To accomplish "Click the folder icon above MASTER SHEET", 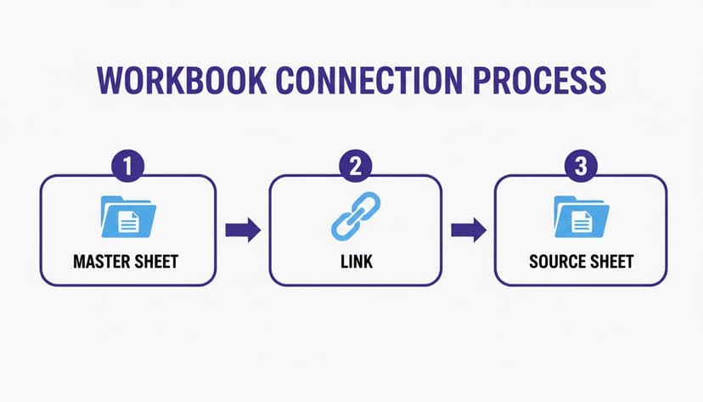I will (128, 218).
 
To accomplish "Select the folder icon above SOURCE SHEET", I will (581, 218).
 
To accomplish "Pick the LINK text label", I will (356, 261).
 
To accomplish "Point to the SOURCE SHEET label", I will (581, 261).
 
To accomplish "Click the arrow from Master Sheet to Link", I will (242, 229).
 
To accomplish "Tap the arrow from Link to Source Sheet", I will (468, 229).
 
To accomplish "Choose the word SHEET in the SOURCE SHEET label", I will (612, 261).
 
